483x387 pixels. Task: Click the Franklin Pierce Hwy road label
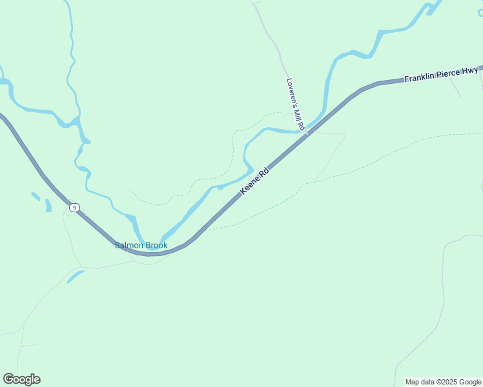tap(441, 74)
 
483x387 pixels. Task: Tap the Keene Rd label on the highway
tap(254, 183)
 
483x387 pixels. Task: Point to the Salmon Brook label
tap(141, 245)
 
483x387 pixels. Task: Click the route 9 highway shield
tap(76, 207)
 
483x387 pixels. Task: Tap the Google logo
tap(21, 379)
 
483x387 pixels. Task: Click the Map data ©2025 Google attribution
tap(443, 382)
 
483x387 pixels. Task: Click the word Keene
tap(251, 186)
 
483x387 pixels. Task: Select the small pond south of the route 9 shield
tap(76, 276)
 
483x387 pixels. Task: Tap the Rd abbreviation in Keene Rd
tap(263, 174)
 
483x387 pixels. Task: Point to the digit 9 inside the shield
tap(76, 207)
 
